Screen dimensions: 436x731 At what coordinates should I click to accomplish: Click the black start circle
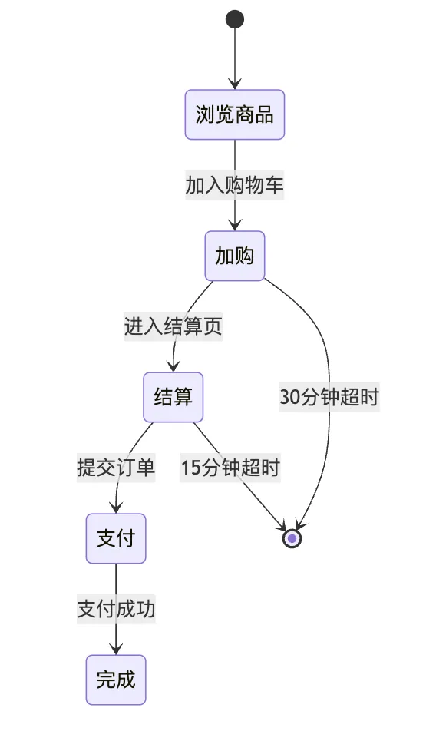235,19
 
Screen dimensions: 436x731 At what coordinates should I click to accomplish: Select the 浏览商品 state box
235,114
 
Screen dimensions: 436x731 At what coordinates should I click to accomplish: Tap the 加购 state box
235,256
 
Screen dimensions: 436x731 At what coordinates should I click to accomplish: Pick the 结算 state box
173,397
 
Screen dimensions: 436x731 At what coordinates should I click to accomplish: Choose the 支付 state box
116,538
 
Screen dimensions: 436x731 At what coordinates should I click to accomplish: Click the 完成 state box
116,680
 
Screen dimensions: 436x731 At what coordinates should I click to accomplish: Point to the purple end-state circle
292,538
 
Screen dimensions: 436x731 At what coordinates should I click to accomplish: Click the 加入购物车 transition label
235,185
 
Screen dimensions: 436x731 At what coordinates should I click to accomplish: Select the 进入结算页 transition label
173,326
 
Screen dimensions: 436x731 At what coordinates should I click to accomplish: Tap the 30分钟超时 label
329,397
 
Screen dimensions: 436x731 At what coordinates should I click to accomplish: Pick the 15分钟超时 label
230,468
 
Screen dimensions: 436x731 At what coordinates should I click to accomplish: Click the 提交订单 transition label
116,468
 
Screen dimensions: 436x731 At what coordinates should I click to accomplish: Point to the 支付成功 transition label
116,609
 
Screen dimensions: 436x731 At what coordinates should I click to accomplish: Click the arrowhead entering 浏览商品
235,84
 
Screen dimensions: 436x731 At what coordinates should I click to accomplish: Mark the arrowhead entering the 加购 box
235,225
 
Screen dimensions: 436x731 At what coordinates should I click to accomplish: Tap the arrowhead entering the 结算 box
173,366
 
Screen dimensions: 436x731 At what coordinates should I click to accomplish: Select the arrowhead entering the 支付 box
116,508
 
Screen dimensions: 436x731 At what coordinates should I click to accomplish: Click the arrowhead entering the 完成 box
116,649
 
